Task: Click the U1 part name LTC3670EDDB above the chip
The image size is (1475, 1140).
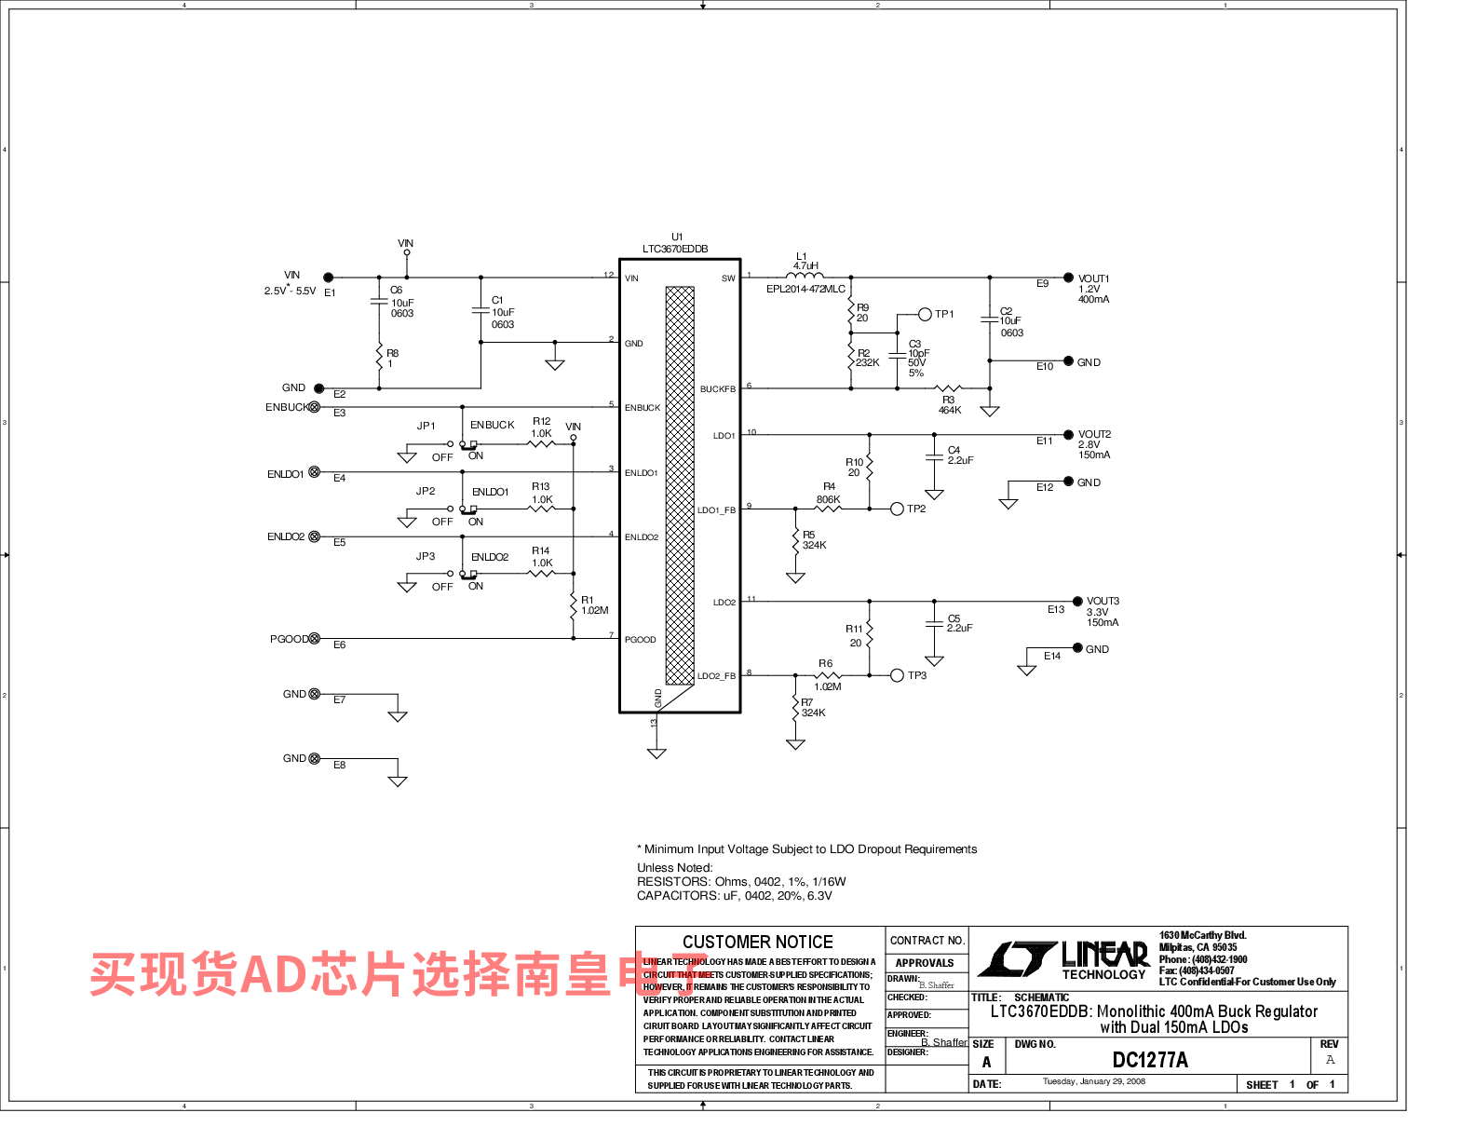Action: tap(675, 249)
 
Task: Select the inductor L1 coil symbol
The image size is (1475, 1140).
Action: tap(805, 275)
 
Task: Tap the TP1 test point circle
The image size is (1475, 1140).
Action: tap(925, 314)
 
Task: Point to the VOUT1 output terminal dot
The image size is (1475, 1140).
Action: tap(1068, 278)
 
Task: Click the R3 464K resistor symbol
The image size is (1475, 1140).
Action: tap(948, 388)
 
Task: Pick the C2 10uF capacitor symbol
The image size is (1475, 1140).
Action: tap(989, 319)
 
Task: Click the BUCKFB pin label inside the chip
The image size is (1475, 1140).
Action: tap(717, 389)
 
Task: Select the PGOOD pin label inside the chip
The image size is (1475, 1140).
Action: tap(640, 640)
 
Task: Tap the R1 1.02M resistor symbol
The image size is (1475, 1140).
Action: tap(574, 607)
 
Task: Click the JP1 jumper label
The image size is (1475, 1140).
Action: tap(426, 426)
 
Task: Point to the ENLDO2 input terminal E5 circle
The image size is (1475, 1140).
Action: tap(315, 536)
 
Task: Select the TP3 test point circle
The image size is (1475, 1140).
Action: tap(897, 675)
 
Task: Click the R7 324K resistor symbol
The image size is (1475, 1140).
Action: tap(795, 710)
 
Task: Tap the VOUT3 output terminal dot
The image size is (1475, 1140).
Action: tap(1077, 601)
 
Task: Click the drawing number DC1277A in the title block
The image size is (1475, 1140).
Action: tap(1150, 1060)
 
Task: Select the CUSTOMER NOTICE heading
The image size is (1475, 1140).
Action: tap(758, 942)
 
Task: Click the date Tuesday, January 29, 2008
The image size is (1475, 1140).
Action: tap(1093, 1082)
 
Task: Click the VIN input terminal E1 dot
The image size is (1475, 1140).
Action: tap(328, 278)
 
